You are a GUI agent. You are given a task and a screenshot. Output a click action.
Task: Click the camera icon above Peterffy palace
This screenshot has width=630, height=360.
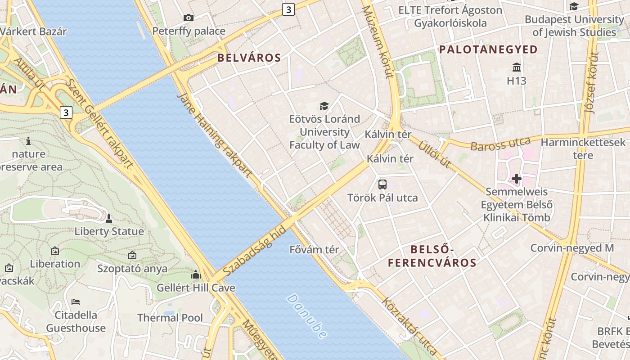[189, 18]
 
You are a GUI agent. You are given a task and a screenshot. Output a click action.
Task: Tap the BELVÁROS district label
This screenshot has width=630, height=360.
[249, 58]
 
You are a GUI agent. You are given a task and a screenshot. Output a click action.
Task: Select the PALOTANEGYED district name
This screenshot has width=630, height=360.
[488, 49]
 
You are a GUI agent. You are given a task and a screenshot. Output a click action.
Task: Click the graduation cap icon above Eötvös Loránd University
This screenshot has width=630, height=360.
[324, 106]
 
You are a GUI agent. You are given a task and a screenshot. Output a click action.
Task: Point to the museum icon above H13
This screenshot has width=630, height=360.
[516, 67]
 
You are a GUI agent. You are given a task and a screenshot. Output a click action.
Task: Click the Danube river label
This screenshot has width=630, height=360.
[306, 316]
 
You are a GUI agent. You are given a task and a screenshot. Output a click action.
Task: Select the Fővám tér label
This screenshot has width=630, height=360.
[314, 249]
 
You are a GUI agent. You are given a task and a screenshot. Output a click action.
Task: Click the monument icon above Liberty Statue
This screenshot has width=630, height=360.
[108, 219]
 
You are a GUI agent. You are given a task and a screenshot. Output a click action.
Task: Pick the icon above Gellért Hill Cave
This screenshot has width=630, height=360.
[196, 274]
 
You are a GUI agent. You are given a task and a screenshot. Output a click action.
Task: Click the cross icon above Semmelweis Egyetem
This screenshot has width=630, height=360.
[516, 179]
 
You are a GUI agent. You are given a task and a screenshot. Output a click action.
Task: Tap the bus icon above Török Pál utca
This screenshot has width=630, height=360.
[382, 184]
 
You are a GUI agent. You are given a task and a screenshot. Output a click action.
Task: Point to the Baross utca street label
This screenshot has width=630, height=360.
[500, 144]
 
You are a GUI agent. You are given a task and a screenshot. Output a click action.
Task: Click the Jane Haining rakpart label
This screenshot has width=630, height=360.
[214, 134]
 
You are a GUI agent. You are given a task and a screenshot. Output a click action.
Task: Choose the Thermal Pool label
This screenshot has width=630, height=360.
[170, 318]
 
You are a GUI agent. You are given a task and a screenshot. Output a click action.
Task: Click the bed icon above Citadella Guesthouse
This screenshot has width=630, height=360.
[76, 301]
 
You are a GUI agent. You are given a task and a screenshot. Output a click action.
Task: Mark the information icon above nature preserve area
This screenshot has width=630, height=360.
[28, 141]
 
